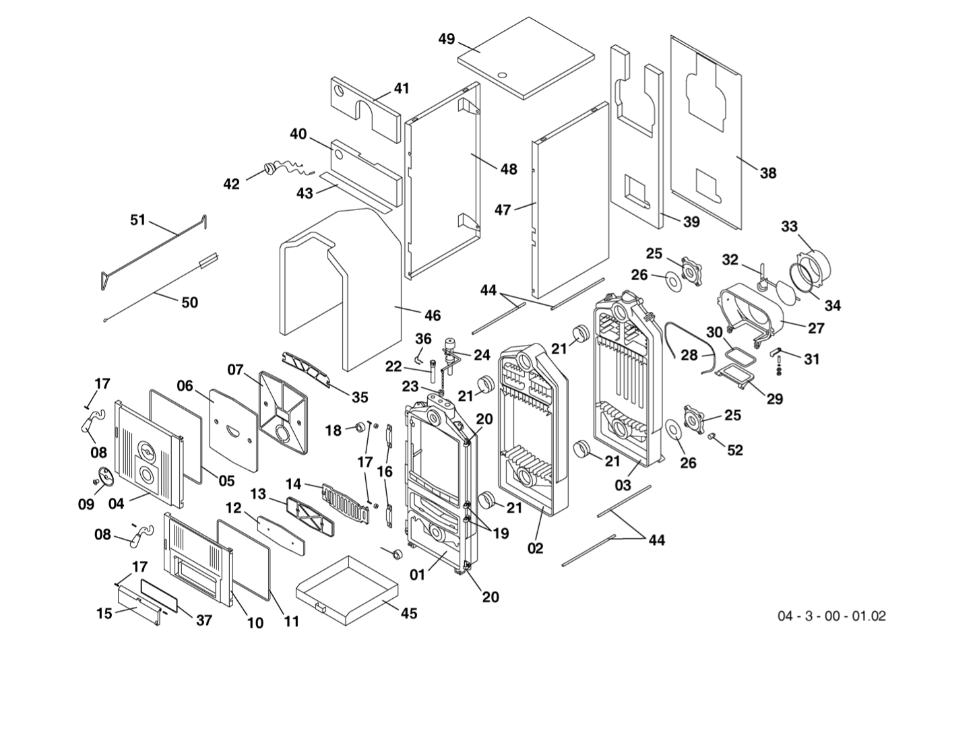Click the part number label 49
[x=447, y=39]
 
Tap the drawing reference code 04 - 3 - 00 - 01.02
[x=831, y=616]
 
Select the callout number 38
[x=768, y=173]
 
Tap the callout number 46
[x=433, y=315]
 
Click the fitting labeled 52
[x=712, y=437]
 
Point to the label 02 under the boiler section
[x=535, y=549]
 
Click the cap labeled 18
[x=360, y=428]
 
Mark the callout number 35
[x=360, y=397]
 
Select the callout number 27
[x=816, y=329]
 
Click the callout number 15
[x=104, y=614]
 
